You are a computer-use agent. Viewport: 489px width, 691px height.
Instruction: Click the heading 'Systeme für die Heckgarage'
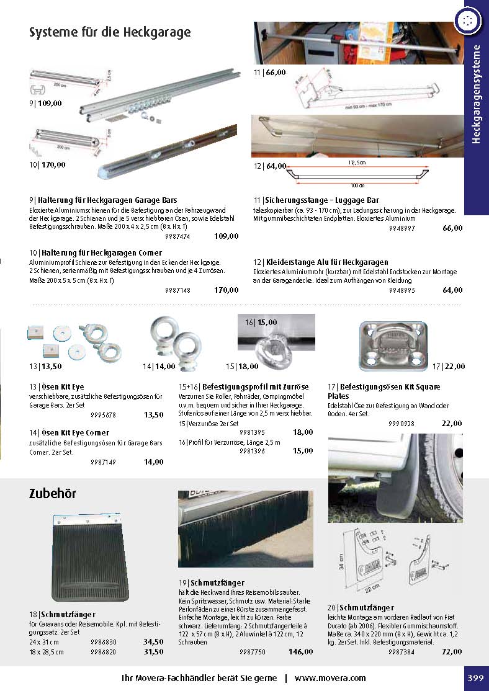pos(110,32)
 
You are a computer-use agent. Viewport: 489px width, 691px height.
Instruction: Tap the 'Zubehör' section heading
pos(53,494)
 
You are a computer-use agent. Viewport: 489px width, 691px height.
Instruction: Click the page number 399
pos(475,678)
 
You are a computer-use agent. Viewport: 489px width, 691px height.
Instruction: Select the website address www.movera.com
pos(330,678)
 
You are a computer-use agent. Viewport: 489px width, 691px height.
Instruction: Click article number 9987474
pos(177,236)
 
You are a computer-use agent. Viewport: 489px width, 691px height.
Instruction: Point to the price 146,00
pos(301,652)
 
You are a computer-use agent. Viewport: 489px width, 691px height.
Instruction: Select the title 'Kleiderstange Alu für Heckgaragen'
pos(321,262)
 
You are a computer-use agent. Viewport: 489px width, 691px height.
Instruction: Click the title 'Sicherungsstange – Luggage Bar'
pos(316,200)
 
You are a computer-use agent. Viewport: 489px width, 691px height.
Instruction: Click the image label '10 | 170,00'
pos(47,165)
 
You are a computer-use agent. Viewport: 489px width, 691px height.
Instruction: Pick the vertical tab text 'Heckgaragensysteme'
pos(477,94)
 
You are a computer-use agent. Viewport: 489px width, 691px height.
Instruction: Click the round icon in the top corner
pos(469,21)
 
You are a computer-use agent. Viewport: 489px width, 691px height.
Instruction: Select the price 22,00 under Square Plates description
pos(452,423)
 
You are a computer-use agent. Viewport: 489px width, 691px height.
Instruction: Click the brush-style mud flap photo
pos(246,529)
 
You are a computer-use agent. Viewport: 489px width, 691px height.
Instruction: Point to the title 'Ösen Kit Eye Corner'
pos(69,432)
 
